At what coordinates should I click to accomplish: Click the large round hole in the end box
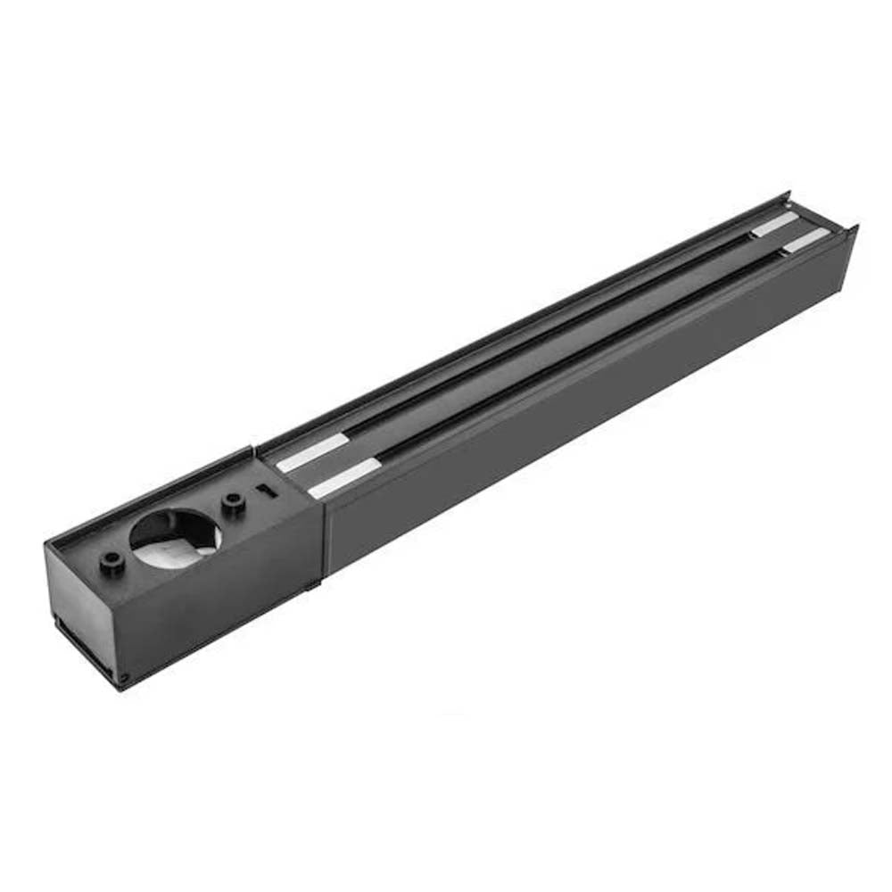tap(175, 533)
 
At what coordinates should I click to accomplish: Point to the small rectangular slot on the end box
tap(264, 490)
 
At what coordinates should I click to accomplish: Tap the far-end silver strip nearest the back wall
tap(774, 225)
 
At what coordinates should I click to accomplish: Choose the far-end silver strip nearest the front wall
tap(805, 240)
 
